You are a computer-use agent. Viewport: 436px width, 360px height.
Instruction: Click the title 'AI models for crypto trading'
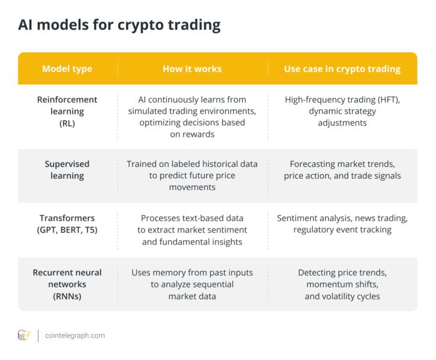click(x=119, y=25)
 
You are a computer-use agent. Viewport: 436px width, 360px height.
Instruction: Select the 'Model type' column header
click(x=67, y=68)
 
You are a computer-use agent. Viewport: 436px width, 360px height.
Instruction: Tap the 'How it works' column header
click(x=192, y=68)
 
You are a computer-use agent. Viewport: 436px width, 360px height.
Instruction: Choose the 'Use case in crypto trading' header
click(x=342, y=68)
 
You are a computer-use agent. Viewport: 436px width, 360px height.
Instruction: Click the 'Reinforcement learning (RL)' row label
click(x=67, y=111)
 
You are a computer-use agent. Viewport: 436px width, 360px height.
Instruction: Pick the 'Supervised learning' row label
click(x=67, y=170)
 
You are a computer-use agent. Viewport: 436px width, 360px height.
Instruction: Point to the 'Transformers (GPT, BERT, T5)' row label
click(x=67, y=224)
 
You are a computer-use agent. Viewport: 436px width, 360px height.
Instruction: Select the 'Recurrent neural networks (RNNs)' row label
click(x=67, y=284)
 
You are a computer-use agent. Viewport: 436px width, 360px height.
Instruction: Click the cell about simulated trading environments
click(x=192, y=117)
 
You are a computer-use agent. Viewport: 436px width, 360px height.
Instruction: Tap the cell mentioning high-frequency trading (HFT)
click(x=342, y=111)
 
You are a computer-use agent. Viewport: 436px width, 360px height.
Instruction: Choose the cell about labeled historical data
click(x=192, y=175)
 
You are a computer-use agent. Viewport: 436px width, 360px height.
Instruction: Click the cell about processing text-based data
click(x=192, y=230)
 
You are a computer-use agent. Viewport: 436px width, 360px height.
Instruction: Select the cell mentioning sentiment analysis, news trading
click(x=342, y=224)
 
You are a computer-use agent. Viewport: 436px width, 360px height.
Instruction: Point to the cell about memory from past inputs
click(x=192, y=284)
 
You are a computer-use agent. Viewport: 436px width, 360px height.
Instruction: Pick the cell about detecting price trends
click(x=342, y=284)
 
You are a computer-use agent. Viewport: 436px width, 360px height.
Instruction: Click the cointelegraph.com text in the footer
click(x=75, y=335)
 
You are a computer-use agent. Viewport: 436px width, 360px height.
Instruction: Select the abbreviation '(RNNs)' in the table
click(x=67, y=296)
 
